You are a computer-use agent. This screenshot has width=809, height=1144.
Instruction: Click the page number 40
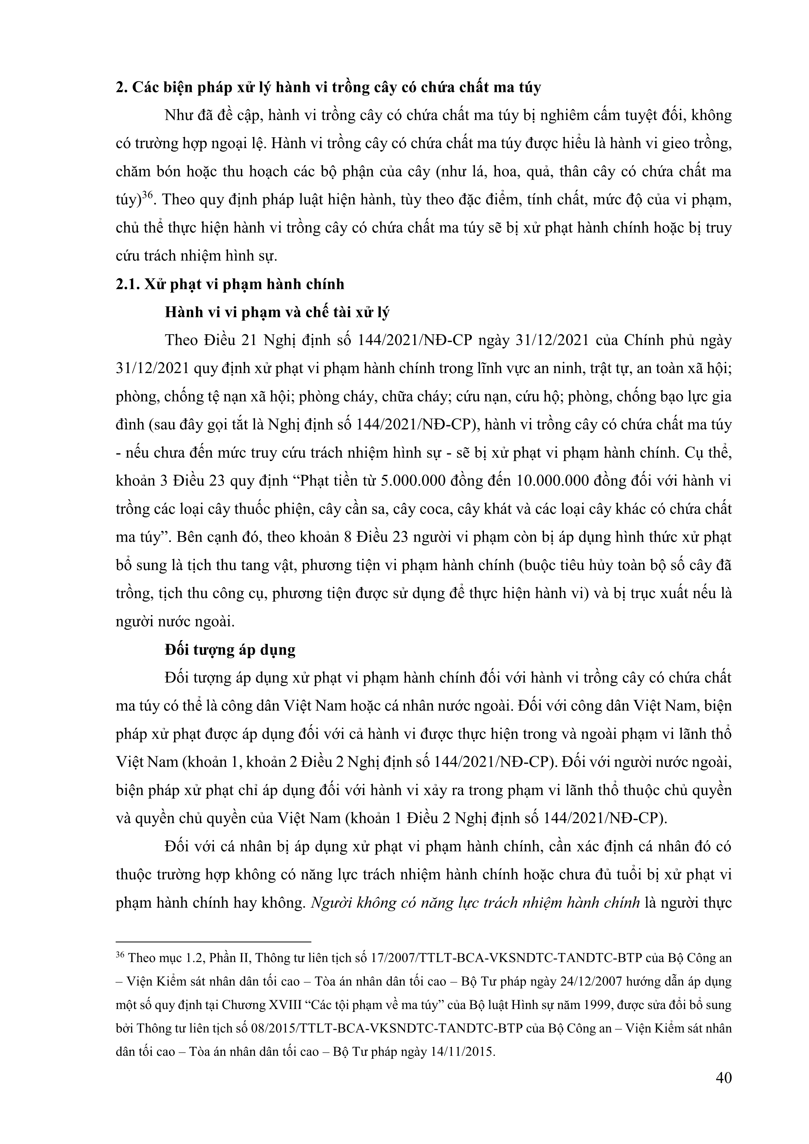pos(723,1078)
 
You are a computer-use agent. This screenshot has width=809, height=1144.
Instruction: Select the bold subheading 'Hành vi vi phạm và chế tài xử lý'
pos(277,312)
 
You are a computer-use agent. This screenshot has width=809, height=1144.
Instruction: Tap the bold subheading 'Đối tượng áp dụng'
pos(230,650)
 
